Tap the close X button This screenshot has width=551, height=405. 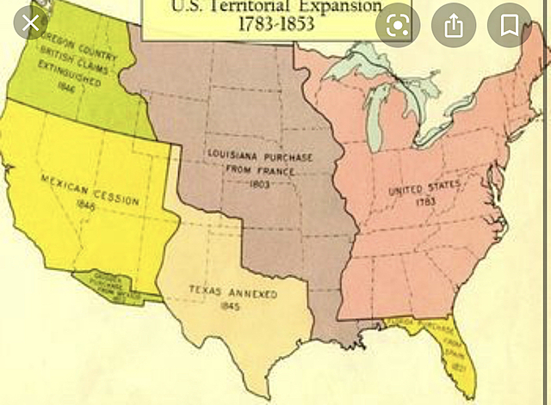(x=32, y=23)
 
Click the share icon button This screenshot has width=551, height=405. (x=454, y=25)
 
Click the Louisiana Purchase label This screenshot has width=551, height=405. (x=260, y=156)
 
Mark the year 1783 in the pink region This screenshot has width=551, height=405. (x=424, y=200)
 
